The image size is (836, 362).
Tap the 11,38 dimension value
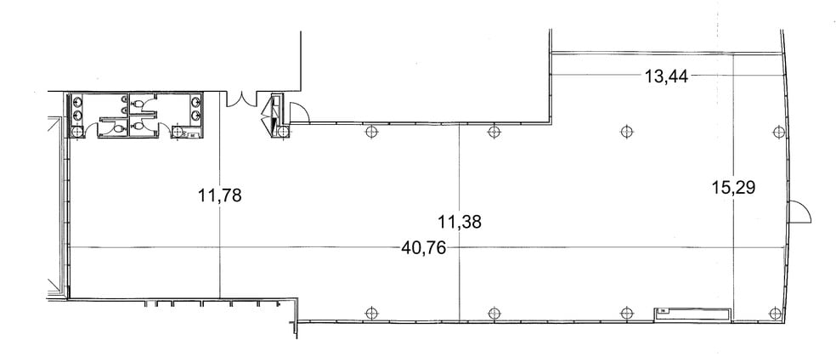[460, 223]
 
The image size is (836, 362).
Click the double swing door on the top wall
[243, 99]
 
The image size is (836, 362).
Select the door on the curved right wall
[799, 212]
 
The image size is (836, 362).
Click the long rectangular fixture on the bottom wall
[692, 314]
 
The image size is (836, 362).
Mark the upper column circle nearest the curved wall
[775, 132]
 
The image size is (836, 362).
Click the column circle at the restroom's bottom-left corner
[76, 132]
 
